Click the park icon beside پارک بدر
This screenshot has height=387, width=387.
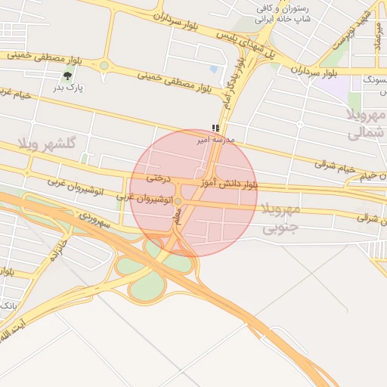pyautogui.click(x=70, y=74)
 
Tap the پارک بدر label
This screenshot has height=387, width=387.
pyautogui.click(x=70, y=88)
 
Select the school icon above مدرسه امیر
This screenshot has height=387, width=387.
pyautogui.click(x=215, y=128)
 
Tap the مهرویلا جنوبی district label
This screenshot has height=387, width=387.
pyautogui.click(x=280, y=217)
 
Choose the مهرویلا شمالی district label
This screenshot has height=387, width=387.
pyautogui.click(x=366, y=125)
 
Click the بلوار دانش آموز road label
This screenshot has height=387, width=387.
pyautogui.click(x=229, y=184)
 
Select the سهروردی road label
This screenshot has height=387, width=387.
pyautogui.click(x=94, y=220)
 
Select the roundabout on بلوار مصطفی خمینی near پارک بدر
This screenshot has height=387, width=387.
pyautogui.click(x=104, y=66)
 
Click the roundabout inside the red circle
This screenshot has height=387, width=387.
pyautogui.click(x=178, y=201)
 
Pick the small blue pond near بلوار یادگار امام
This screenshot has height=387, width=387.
pyautogui.click(x=213, y=70)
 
